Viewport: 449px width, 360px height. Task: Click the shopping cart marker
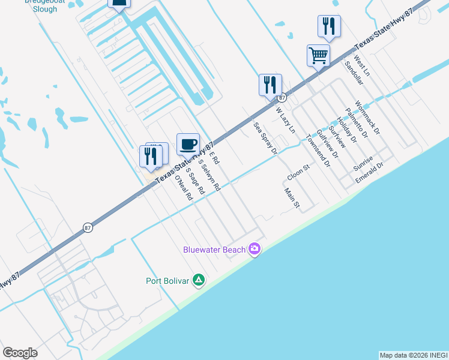[318, 56]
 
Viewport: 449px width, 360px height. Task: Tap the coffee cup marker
[188, 144]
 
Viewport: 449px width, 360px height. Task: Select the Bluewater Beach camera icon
[255, 249]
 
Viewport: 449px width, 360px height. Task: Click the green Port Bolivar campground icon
[199, 280]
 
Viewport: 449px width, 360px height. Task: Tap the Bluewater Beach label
[215, 250]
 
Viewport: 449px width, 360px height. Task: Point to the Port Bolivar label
[167, 281]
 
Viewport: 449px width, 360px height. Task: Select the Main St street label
[292, 197]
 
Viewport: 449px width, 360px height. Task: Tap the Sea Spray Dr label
[265, 139]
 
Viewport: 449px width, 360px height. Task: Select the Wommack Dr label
[367, 116]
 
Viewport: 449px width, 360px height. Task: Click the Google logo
[20, 353]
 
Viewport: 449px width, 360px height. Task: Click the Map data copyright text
[414, 355]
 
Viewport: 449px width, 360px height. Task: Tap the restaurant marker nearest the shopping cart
[329, 26]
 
